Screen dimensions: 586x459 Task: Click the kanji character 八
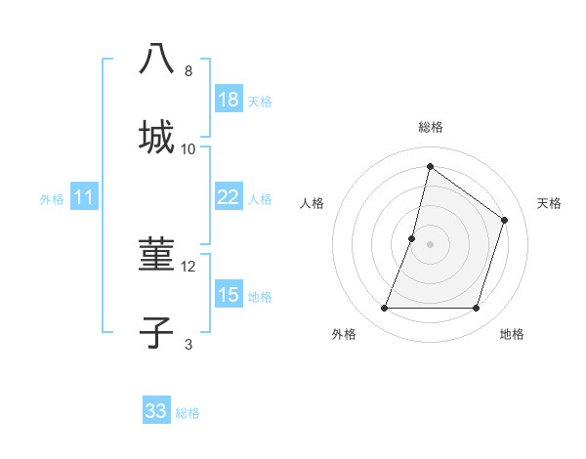[x=156, y=61]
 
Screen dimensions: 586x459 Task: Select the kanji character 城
[x=156, y=137]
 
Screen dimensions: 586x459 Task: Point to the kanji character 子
[x=156, y=332]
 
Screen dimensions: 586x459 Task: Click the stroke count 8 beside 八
[x=188, y=71]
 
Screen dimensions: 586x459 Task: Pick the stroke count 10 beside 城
[x=188, y=148]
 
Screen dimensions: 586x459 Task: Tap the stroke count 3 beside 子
[x=188, y=344]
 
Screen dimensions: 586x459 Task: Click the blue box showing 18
[x=229, y=100]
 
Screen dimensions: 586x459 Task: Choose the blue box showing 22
[x=229, y=197]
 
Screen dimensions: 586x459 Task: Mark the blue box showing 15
[x=229, y=295]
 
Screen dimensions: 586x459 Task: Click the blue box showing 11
[x=84, y=197]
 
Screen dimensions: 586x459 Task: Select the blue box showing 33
[x=156, y=411]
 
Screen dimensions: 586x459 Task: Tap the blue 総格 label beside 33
[x=188, y=413]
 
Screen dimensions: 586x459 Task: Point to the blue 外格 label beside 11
[x=52, y=199]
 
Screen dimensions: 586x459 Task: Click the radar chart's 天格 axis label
[x=549, y=203]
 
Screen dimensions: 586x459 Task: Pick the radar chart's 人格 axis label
[x=312, y=203]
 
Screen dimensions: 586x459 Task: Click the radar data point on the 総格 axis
[x=430, y=166]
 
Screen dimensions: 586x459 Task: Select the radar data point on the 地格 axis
[x=476, y=309]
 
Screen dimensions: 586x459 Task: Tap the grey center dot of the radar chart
[x=430, y=244]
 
